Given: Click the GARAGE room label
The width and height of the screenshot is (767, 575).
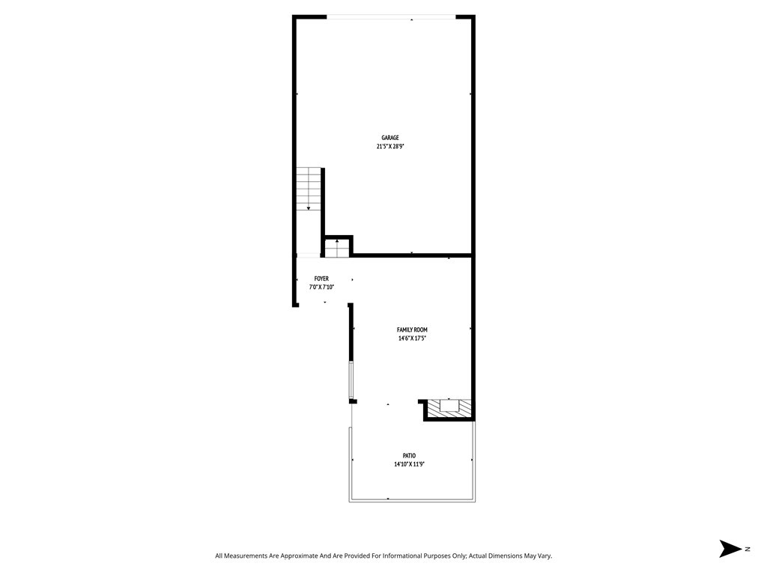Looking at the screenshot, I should pos(389,138).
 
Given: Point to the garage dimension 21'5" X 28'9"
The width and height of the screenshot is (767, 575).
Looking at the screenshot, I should pos(389,147).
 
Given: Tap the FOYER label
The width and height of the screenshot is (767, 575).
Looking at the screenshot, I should pos(321,279).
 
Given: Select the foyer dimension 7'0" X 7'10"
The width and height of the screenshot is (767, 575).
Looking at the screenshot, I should pos(321,287).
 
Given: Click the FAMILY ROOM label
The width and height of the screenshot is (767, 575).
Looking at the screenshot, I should pos(412,329).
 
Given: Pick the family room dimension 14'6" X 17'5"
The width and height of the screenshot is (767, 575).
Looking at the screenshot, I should pos(412,338).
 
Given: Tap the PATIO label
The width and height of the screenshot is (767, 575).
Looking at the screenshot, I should pos(409,455).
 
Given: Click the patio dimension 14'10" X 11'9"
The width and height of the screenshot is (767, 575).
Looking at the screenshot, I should pos(409,464).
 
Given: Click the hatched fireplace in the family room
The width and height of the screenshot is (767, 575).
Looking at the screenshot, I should pos(449,407).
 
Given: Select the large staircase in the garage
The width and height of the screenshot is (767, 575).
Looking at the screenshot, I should pos(309,189).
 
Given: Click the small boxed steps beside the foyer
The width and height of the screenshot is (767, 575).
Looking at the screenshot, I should pos(337,247).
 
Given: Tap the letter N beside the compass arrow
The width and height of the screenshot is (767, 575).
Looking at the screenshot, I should pos(747,549).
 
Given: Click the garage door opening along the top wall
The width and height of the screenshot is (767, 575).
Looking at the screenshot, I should pos(391,17).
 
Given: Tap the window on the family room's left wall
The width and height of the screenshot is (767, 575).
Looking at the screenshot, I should pos(351,380).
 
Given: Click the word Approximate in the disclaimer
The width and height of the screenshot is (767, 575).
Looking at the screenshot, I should pos(297,556).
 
